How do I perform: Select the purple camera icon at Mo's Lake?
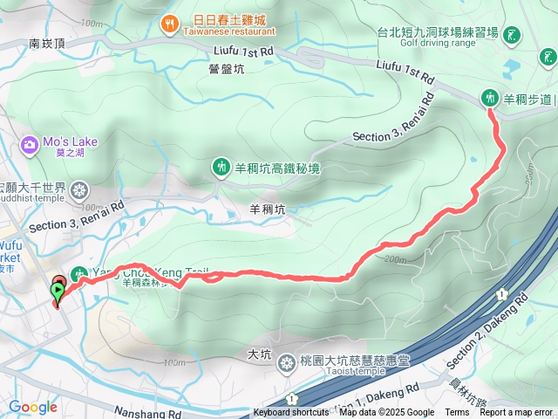coord(30,142)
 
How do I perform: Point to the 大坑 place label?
coord(260,354)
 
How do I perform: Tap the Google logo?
coord(32,407)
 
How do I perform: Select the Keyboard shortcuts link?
coord(291,413)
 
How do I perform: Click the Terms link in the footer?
coord(457,413)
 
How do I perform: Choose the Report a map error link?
coord(516,413)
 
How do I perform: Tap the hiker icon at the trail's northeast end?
coord(490,98)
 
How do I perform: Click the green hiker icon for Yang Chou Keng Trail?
coord(78,272)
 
